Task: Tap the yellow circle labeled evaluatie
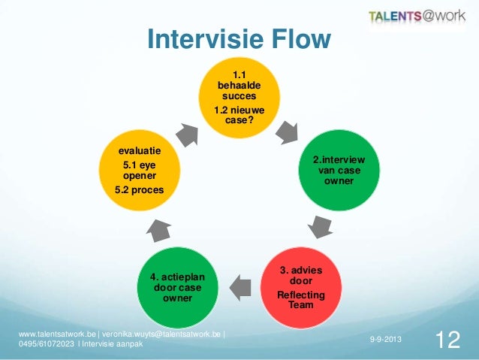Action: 138,171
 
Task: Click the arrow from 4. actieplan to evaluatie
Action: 158,229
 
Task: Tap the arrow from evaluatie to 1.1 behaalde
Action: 187,134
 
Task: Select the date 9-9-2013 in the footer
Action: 385,341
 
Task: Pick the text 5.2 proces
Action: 138,190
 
